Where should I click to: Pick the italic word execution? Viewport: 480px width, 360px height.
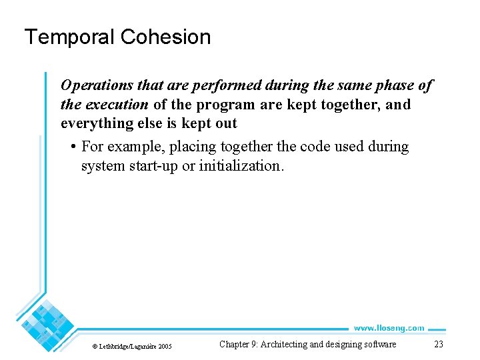tap(116, 105)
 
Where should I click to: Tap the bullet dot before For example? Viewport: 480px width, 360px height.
tap(71, 147)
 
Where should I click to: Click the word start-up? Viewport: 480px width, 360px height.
tap(153, 166)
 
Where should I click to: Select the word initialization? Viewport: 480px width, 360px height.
tap(241, 166)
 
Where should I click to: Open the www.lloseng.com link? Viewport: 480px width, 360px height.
tap(389, 328)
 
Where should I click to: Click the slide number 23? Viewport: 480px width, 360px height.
tap(438, 345)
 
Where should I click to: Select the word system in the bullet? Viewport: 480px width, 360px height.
tap(101, 166)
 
